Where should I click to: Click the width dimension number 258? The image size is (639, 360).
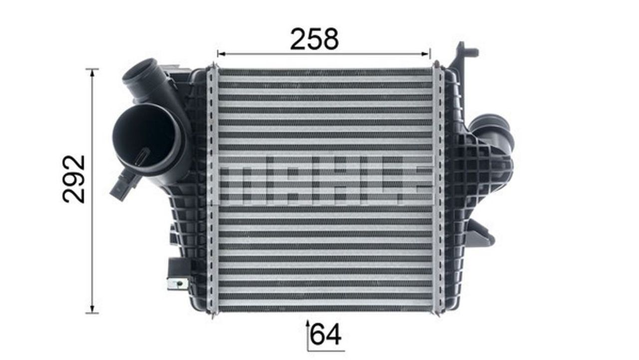[315, 39]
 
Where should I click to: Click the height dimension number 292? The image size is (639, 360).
[73, 179]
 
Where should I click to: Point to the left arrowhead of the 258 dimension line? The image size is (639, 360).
[221, 53]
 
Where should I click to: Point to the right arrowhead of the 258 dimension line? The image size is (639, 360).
[426, 53]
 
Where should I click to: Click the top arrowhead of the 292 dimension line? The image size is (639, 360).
[92, 73]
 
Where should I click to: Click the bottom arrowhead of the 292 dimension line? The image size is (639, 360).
[92, 309]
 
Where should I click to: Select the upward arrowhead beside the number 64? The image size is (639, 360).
[308, 324]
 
